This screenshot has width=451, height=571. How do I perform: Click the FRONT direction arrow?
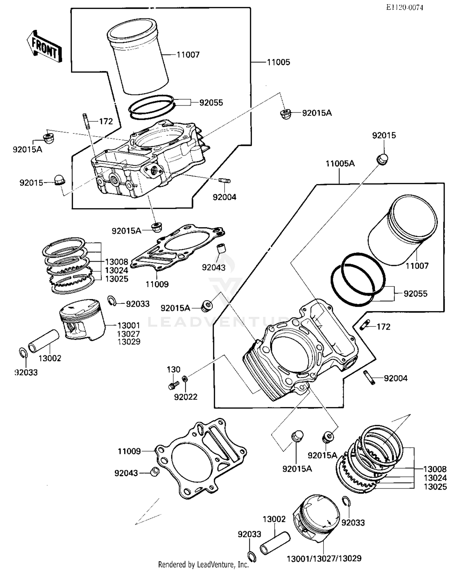[45, 47]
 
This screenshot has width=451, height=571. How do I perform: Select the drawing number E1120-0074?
[404, 8]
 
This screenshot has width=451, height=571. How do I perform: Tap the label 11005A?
[340, 164]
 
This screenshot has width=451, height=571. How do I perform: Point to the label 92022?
[186, 397]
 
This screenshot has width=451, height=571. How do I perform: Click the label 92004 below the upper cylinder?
[224, 197]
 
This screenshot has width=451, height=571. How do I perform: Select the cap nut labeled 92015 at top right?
[382, 159]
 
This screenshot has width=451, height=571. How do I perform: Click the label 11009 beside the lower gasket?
[129, 451]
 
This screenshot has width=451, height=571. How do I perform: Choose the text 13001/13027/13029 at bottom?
[324, 559]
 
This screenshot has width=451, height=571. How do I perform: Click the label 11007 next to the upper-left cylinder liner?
[188, 55]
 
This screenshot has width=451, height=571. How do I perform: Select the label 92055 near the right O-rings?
[415, 294]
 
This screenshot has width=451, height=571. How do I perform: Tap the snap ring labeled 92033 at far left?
[23, 353]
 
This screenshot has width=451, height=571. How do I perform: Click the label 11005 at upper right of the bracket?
[278, 62]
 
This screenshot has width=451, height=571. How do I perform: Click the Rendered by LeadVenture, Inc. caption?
[203, 565]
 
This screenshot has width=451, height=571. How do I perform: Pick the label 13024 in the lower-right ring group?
[435, 478]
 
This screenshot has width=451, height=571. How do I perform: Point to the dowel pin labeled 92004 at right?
[370, 378]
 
